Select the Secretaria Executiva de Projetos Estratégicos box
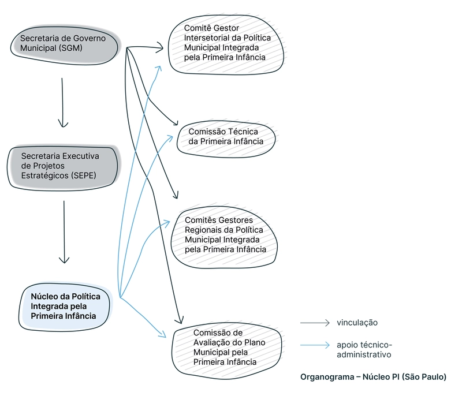click(x=64, y=166)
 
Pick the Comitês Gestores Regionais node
click(x=225, y=235)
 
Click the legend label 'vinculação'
click(x=357, y=323)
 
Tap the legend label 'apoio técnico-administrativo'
click(x=364, y=349)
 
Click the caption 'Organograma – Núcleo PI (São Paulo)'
click(x=373, y=377)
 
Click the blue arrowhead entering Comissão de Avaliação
click(x=164, y=335)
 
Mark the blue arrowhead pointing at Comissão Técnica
click(x=172, y=136)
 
